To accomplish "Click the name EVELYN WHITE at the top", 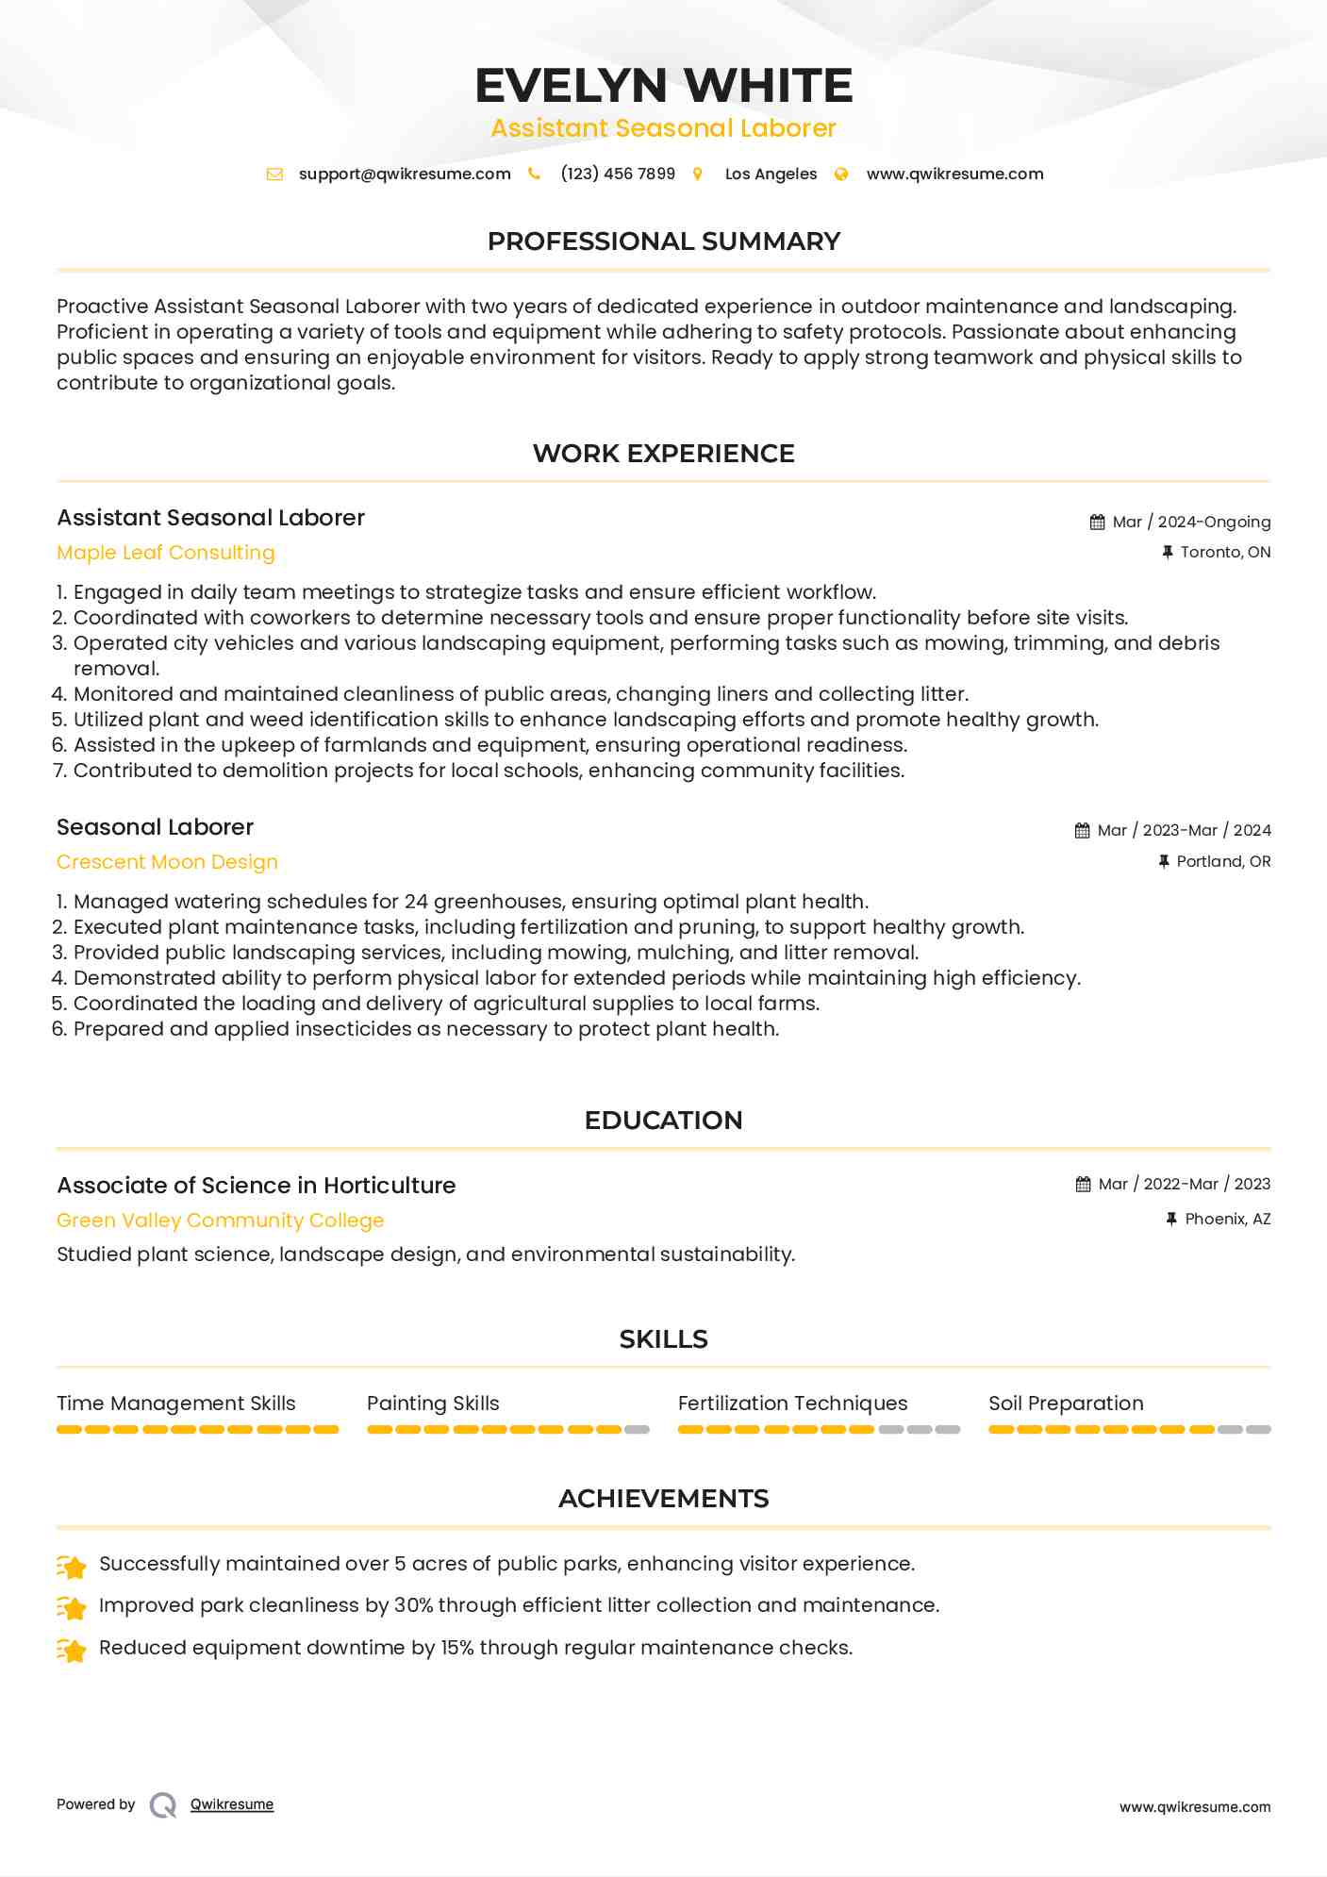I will pos(663,86).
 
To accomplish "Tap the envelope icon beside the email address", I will pos(274,174).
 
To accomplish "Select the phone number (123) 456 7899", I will pos(618,174).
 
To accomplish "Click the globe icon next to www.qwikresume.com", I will pos(841,174).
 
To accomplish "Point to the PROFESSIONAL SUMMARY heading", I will pos(663,241).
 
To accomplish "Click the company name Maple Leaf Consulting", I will pos(166,553).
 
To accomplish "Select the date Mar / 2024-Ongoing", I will pos(1191,523).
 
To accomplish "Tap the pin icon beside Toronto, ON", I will pos(1168,553).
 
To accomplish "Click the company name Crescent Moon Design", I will pos(167,862).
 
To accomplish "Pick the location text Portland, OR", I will pos(1223,862).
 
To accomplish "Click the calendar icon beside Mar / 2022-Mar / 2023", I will pos(1083,1185).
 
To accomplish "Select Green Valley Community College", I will pos(221,1221).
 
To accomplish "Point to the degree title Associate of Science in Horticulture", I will pos(257,1186).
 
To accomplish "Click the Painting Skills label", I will pos(433,1404).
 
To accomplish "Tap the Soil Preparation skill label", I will pos(1066,1404).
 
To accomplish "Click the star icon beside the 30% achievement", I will pos(72,1606).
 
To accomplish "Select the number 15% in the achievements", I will pos(457,1648).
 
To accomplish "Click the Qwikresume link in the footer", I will pos(232,1804).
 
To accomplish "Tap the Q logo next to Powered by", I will pos(163,1805).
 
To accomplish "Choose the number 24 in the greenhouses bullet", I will pos(416,902).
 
